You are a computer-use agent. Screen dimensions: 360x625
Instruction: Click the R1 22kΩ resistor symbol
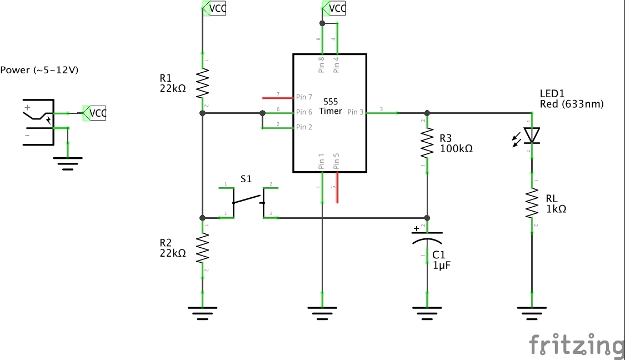coord(203,84)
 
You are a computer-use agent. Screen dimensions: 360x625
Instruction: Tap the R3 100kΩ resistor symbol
coord(427,143)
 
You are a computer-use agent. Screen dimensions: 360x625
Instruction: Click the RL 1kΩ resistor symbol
coord(532,203)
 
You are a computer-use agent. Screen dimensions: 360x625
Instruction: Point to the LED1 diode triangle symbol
coord(532,135)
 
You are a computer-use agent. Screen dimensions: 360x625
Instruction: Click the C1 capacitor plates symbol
coord(427,237)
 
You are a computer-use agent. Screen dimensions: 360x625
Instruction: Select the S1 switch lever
coord(247,198)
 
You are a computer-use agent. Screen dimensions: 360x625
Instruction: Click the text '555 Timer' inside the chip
coord(331,107)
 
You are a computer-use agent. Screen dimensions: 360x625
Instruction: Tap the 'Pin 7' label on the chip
coord(304,97)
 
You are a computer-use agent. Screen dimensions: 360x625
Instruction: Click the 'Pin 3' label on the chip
coord(356,112)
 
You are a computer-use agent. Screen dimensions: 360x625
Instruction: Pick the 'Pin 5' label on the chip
coord(336,161)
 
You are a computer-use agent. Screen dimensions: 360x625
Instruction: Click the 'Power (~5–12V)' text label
coord(39,70)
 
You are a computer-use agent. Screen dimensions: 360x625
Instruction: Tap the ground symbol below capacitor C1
coord(427,313)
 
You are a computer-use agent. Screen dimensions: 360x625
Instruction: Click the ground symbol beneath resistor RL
coord(532,313)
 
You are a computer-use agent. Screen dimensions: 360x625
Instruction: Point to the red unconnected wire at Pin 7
coord(277,97)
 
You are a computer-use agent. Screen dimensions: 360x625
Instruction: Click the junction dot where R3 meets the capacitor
coord(427,217)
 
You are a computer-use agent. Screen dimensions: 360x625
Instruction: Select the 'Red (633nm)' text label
coord(571,104)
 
